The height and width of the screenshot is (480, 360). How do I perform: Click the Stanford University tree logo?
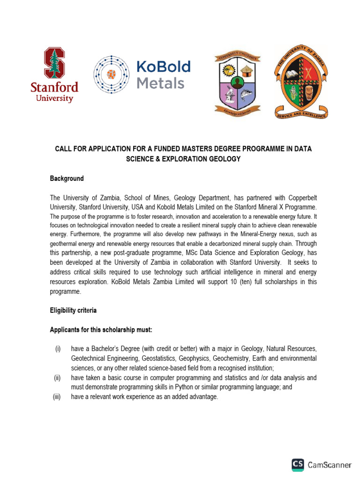pyautogui.click(x=54, y=62)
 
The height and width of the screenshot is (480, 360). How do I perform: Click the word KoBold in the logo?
pyautogui.click(x=164, y=67)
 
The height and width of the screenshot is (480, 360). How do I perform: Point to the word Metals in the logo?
pyautogui.click(x=160, y=83)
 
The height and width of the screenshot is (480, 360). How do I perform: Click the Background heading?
pyautogui.click(x=67, y=179)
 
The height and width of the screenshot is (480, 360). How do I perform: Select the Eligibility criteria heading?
pyautogui.click(x=74, y=310)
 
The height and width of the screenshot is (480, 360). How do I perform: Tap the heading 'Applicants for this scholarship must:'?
pyautogui.click(x=101, y=330)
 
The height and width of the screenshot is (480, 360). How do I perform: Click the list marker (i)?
pyautogui.click(x=57, y=349)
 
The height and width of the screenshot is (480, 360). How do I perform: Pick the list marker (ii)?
pyautogui.click(x=57, y=377)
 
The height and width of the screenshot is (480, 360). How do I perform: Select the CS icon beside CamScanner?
pyautogui.click(x=298, y=465)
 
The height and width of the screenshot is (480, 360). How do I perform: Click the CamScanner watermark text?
pyautogui.click(x=330, y=465)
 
